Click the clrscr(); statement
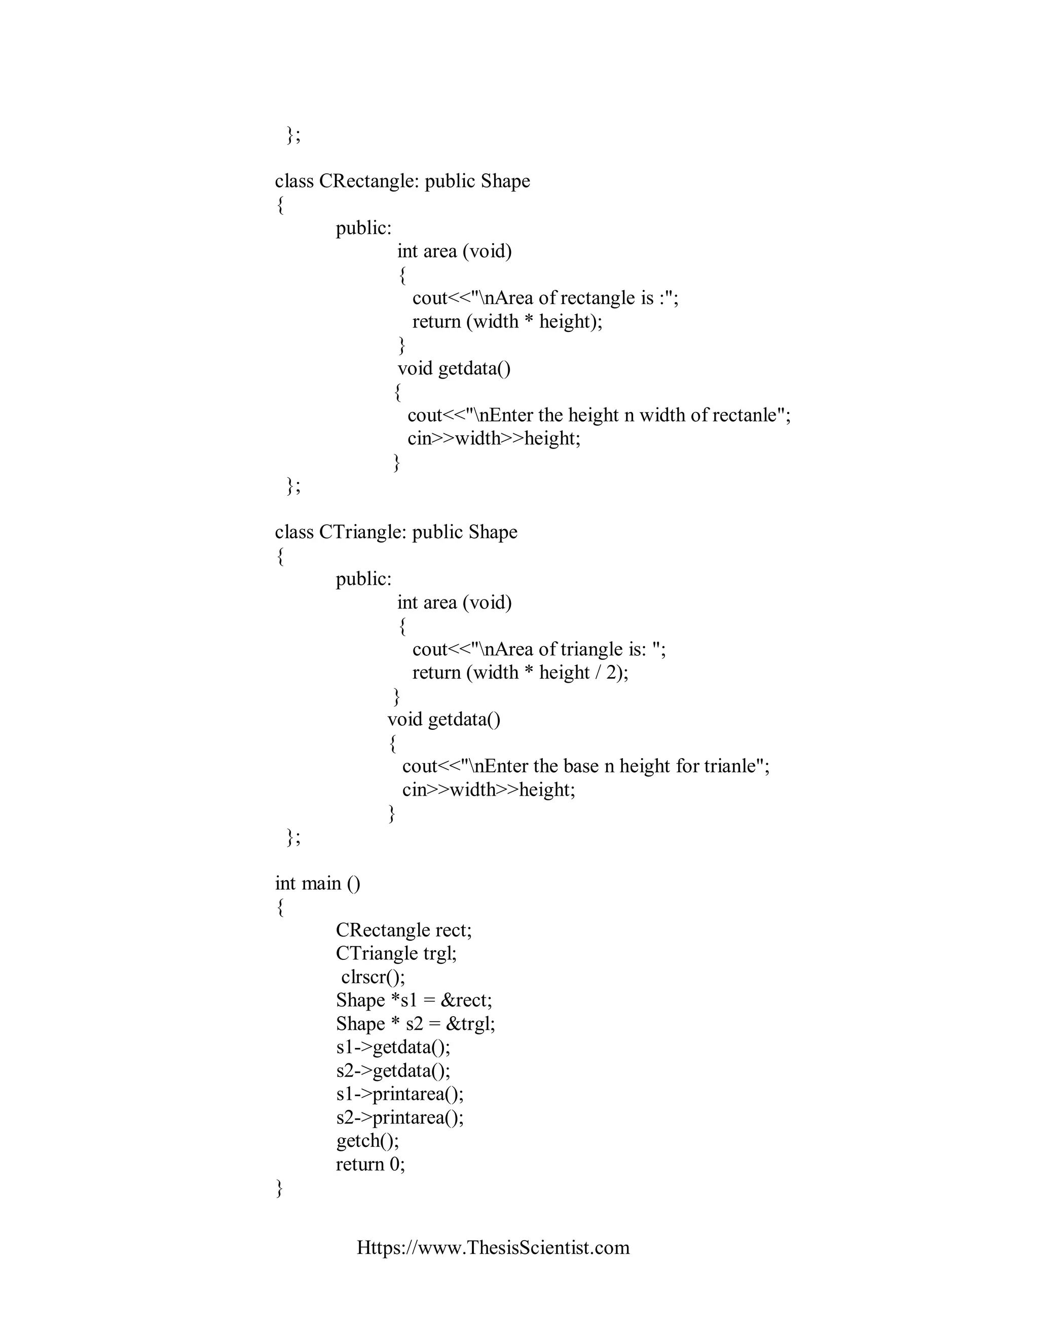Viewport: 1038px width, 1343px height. (x=373, y=977)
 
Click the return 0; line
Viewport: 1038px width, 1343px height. (x=370, y=1164)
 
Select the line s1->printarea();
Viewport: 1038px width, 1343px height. (x=400, y=1094)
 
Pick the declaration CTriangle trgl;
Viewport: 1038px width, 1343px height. (x=396, y=954)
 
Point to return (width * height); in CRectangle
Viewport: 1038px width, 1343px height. (x=507, y=322)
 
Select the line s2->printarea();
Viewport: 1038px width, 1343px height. (x=400, y=1117)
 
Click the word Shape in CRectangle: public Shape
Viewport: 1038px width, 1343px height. (x=505, y=181)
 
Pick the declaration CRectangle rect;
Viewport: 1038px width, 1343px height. (x=403, y=930)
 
